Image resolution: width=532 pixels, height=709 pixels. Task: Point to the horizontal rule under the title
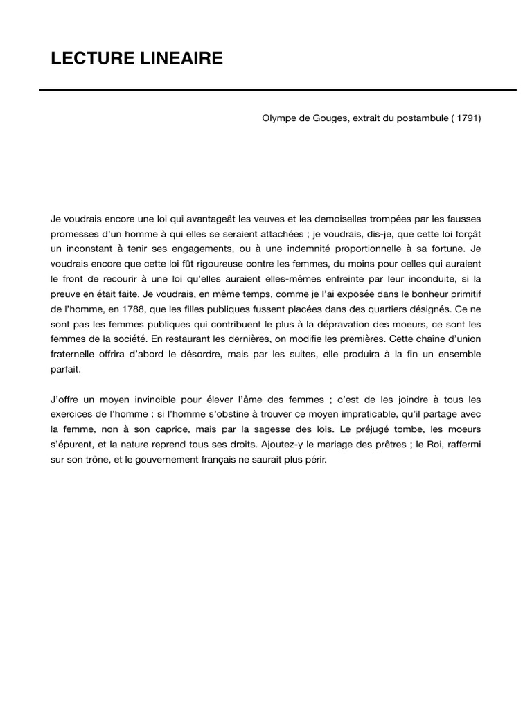277,89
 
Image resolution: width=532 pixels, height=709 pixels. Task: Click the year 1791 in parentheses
465,118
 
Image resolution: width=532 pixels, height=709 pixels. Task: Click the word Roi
420,445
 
